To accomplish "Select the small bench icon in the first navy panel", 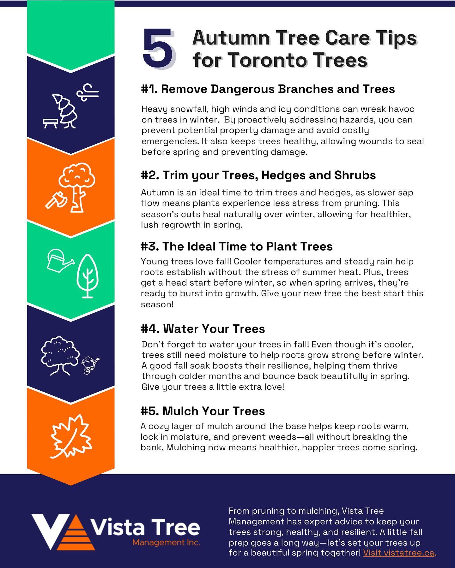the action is point(51,123).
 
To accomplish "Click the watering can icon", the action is point(60,260).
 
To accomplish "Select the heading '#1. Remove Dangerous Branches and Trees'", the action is point(268,89).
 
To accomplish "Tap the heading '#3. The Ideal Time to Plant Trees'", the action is point(237,246).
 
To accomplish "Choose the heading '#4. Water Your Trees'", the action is point(203,329).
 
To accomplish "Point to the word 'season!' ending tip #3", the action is point(157,305).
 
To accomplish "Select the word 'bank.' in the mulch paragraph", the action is point(152,447).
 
